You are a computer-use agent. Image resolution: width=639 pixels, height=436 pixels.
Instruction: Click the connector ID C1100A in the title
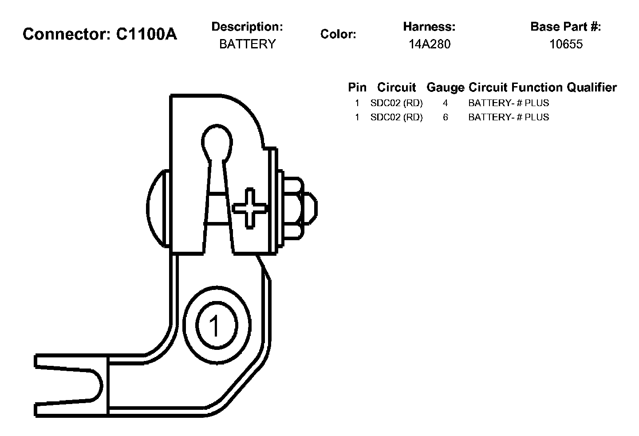pos(146,34)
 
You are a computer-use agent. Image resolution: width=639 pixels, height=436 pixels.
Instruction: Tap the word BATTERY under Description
pos(247,44)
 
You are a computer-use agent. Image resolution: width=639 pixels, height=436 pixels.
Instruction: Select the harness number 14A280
pos(429,44)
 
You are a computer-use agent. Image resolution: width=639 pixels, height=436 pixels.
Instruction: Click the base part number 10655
pos(566,44)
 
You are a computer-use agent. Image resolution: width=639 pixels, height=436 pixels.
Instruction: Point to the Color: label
pos(338,34)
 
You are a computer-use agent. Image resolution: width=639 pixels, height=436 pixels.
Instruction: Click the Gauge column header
pos(445,87)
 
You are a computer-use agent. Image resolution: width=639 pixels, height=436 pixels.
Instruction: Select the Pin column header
pos(357,87)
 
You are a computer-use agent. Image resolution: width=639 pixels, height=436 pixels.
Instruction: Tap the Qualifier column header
pos(592,87)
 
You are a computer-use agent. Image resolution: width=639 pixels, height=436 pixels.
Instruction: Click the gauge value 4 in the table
pos(445,103)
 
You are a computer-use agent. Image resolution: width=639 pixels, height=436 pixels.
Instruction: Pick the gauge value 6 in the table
pos(445,117)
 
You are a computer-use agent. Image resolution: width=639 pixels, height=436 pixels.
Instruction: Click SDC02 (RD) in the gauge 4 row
pos(396,103)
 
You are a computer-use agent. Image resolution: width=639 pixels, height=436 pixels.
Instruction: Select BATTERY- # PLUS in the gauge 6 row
pos(509,117)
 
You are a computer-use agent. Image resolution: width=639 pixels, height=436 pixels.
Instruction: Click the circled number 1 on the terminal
pos(215,326)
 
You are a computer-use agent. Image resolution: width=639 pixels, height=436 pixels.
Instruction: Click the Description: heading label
pos(247,27)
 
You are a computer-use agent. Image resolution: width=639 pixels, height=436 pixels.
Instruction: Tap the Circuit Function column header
pos(516,87)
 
